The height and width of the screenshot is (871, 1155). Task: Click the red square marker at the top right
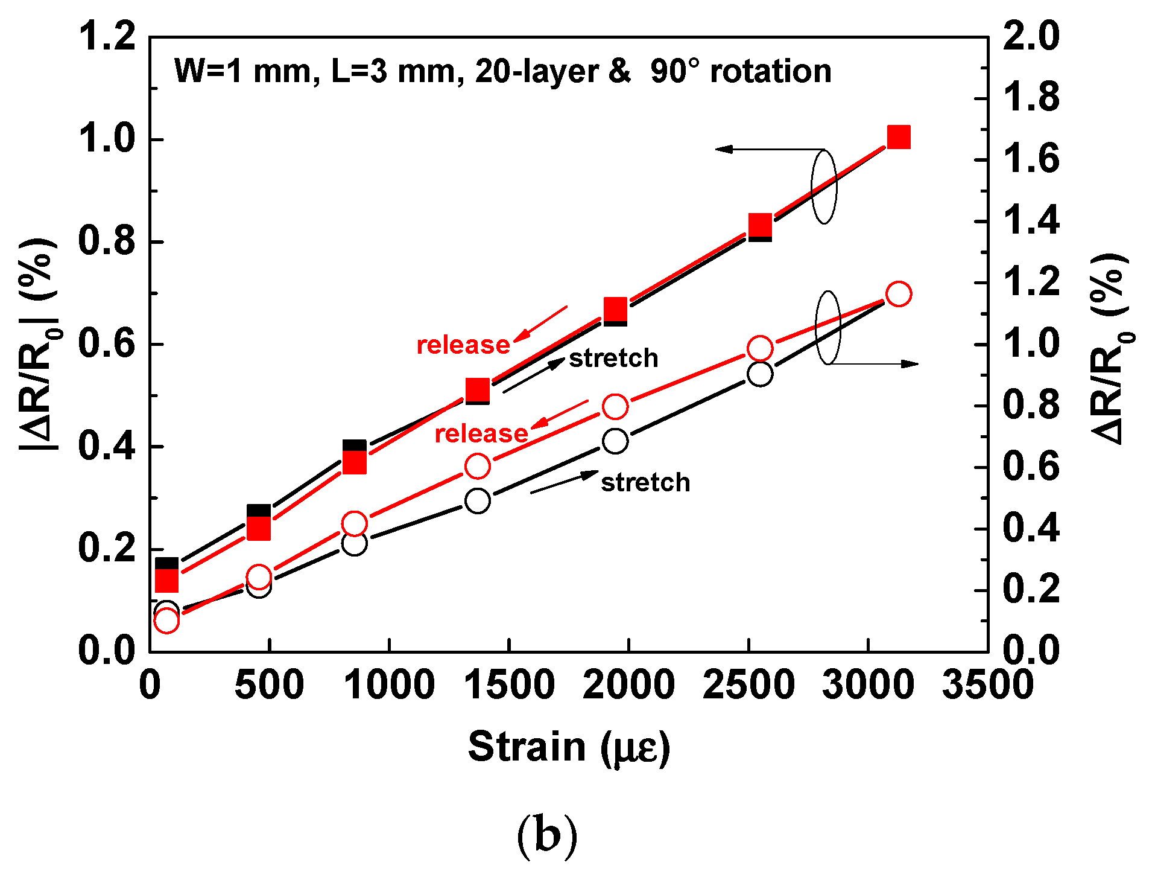point(898,138)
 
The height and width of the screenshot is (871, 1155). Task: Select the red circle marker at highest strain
point(898,294)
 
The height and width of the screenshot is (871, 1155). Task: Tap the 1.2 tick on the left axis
point(107,36)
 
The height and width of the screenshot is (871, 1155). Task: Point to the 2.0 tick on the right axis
point(1030,36)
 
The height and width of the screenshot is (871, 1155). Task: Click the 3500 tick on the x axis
point(987,684)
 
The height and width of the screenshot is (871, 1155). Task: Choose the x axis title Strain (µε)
point(569,747)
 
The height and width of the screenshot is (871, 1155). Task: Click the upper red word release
point(463,345)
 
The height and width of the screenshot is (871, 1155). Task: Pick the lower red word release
point(481,433)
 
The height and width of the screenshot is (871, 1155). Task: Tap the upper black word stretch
point(613,358)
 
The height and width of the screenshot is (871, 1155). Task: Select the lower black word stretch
point(645,482)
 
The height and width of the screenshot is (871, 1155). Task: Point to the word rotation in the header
point(770,71)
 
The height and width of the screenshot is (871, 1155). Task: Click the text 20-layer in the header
point(537,71)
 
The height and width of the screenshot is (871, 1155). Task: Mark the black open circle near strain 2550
point(760,374)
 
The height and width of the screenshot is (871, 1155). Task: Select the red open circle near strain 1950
point(615,407)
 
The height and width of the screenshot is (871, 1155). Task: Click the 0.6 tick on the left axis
point(107,344)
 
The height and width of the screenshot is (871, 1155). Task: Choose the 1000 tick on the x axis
point(390,684)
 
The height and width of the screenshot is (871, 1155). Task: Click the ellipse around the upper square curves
point(824,187)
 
